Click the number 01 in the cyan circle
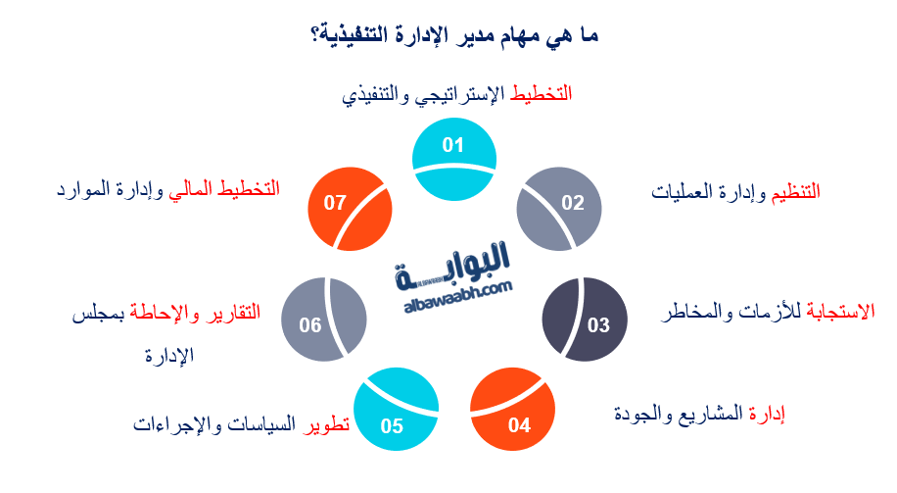point(452,146)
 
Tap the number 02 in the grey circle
point(573,203)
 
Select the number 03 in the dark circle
point(598,325)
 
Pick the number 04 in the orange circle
point(519,425)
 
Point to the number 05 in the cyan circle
point(392,425)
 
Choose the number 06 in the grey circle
point(310,325)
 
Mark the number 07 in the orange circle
point(336,203)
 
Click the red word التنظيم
point(795,192)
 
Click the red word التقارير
point(236,314)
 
